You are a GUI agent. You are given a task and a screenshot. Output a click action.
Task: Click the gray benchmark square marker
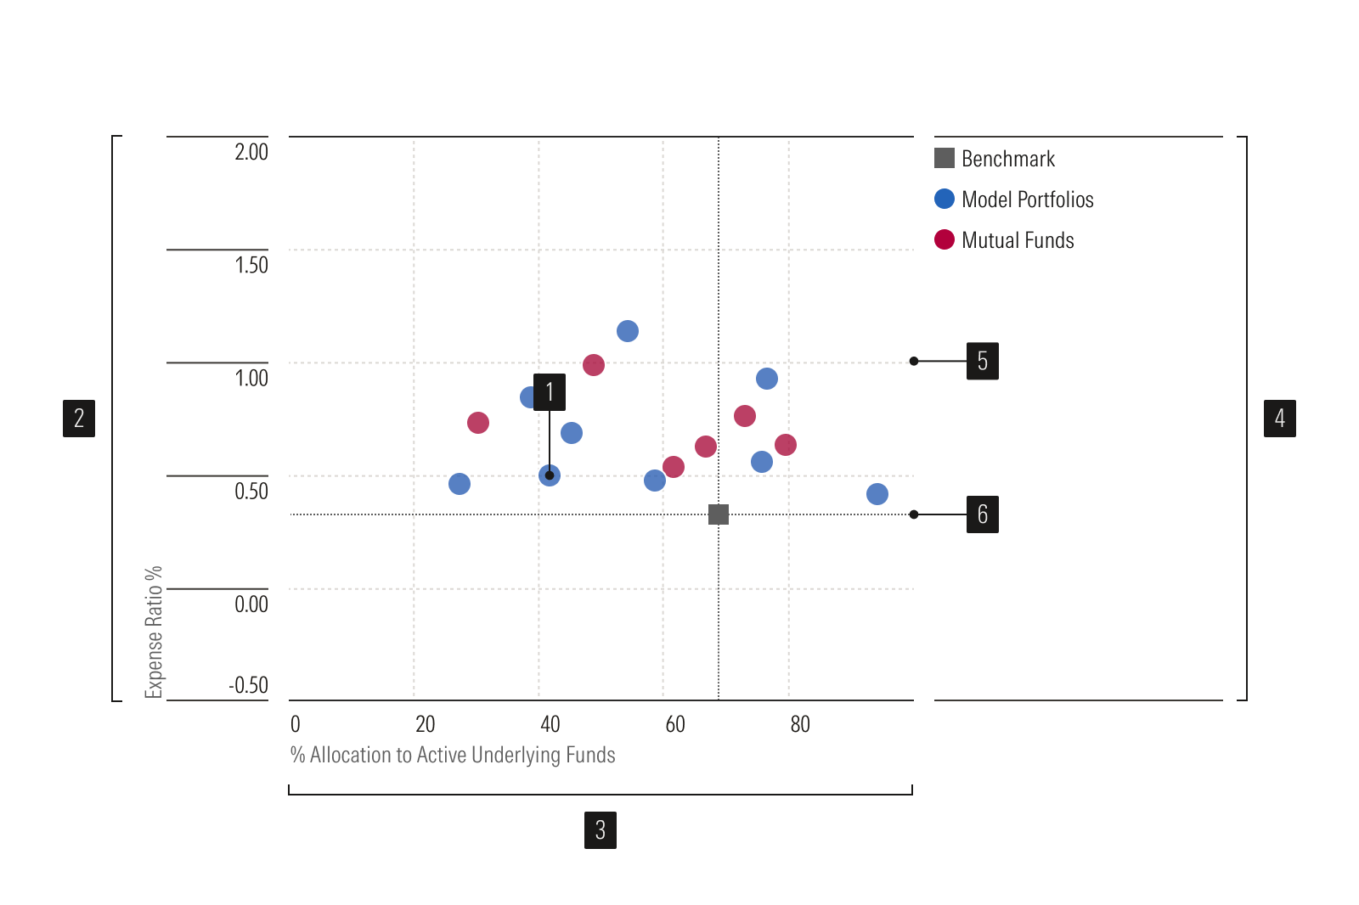[x=719, y=514]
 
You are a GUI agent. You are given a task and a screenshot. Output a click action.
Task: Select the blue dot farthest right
[x=877, y=494]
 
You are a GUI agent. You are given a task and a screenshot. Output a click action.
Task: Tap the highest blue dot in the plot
[x=628, y=331]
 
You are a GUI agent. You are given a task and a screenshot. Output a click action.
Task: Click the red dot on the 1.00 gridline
[x=594, y=365]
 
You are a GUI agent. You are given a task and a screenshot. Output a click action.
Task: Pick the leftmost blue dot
[x=460, y=484]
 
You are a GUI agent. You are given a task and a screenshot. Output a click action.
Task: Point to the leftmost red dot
[x=478, y=423]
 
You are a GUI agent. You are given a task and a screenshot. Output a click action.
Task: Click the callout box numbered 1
[x=550, y=392]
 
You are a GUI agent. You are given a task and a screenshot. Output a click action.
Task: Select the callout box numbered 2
[x=79, y=419]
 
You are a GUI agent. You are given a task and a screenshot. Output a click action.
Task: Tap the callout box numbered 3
[x=601, y=830]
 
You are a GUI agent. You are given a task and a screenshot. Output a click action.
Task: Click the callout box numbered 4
[x=1280, y=419]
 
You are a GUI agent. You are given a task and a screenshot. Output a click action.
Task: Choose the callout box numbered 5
[x=983, y=362]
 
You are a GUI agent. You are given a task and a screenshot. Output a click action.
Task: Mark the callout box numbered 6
[x=983, y=514]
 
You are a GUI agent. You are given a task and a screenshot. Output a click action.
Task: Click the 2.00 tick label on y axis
[x=251, y=152]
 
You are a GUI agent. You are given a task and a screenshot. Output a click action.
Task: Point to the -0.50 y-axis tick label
[x=248, y=685]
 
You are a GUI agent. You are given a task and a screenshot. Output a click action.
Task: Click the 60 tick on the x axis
[x=675, y=724]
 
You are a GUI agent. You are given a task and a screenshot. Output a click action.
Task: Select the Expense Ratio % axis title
[x=154, y=632]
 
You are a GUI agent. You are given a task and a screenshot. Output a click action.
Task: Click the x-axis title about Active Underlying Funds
[x=453, y=755]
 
